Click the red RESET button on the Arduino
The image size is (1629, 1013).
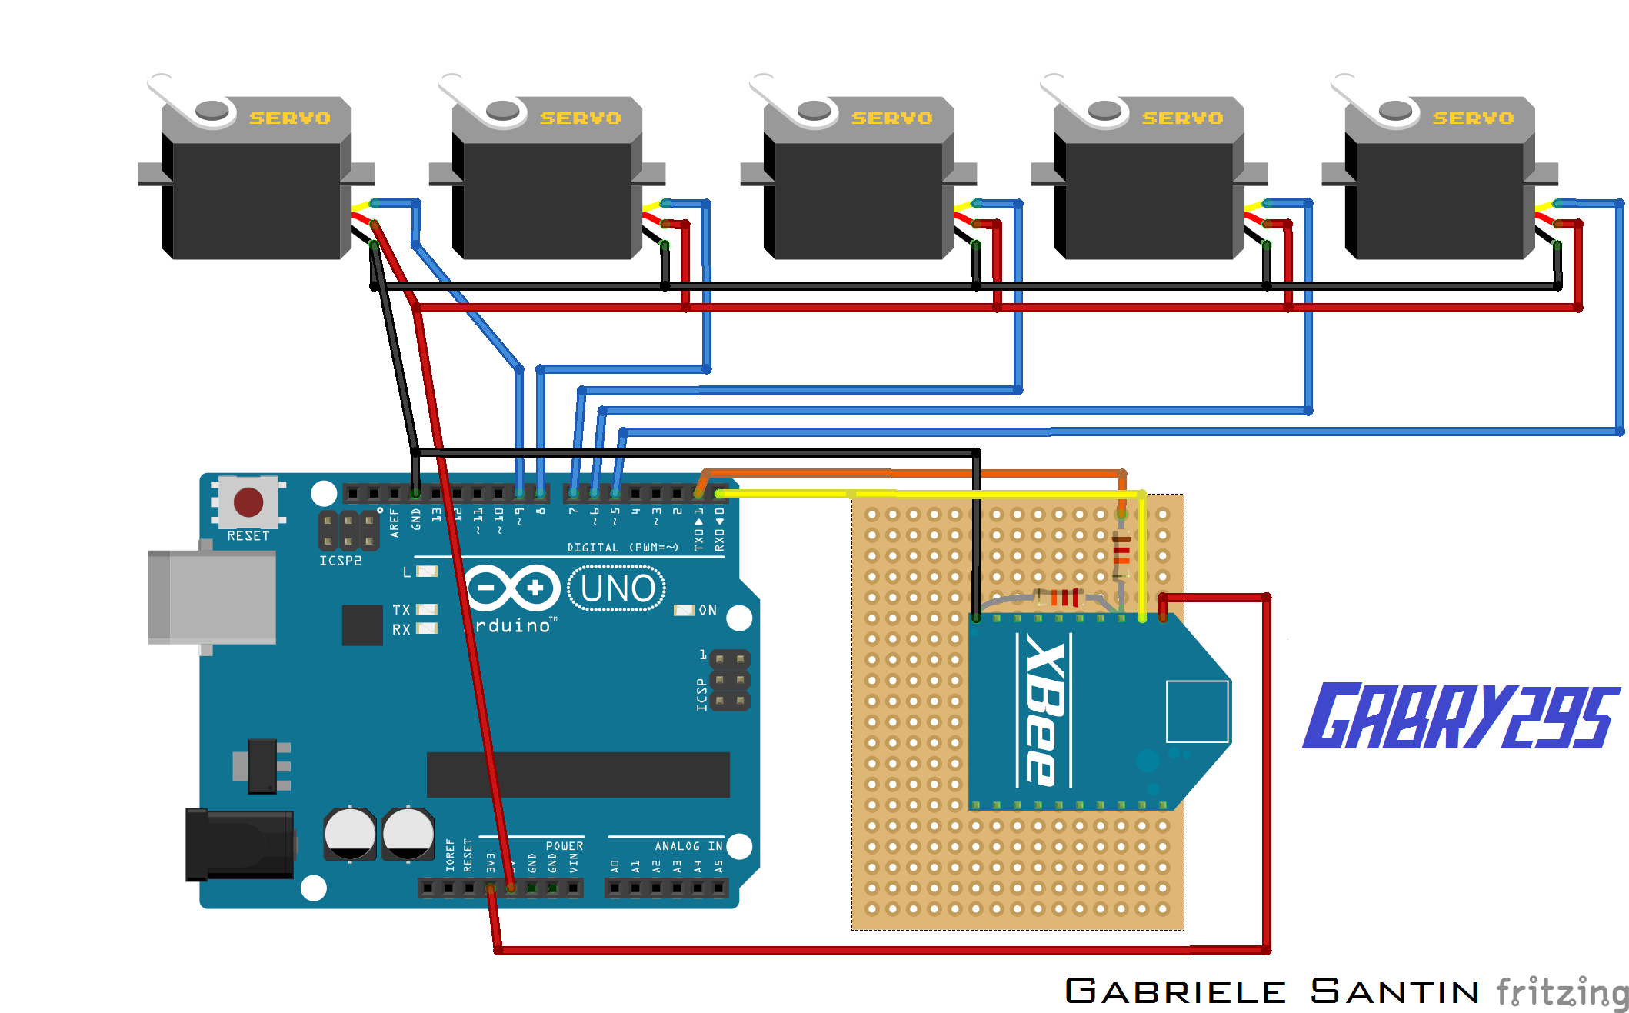click(x=248, y=502)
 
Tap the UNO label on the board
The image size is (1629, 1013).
click(x=617, y=588)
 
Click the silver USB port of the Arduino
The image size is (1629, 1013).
click(x=212, y=597)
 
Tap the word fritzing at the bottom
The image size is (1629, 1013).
click(x=1561, y=991)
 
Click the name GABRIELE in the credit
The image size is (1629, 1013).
click(x=1174, y=991)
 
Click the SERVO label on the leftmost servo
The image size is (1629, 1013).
click(x=289, y=118)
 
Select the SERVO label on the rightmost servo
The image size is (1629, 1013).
click(x=1472, y=118)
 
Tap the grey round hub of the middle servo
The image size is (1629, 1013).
click(x=814, y=111)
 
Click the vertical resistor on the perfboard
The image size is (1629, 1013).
click(x=1121, y=555)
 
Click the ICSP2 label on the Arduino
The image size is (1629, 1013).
click(x=340, y=561)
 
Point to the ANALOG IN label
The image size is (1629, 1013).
click(x=688, y=846)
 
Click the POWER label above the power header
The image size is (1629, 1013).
click(x=564, y=846)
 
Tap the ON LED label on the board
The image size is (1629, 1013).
click(x=708, y=610)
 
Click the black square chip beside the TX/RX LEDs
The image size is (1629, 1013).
click(x=362, y=625)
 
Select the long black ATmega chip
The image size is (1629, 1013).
click(x=578, y=775)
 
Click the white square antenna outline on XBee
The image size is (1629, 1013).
click(x=1197, y=711)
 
